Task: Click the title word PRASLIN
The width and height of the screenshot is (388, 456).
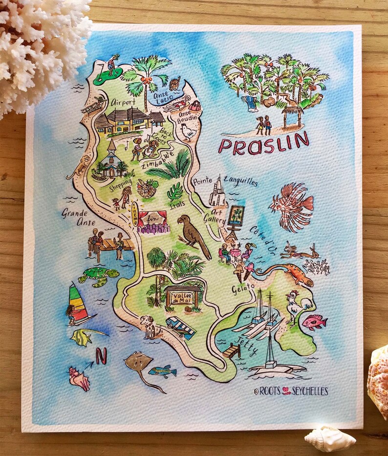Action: click(263, 145)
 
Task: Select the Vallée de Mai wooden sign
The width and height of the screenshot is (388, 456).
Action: click(182, 296)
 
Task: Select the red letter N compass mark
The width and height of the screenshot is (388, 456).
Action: click(101, 357)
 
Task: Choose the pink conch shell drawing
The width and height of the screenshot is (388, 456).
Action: click(79, 378)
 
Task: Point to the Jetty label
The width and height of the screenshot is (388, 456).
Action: click(244, 339)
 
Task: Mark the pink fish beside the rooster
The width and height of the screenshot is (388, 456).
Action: click(313, 322)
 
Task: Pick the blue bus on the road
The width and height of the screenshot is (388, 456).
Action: click(181, 326)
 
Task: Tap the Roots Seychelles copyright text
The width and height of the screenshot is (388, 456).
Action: click(291, 391)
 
